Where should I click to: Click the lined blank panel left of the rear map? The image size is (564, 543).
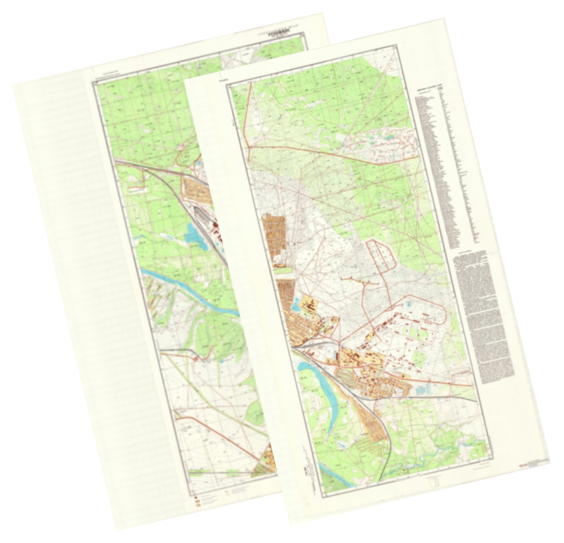[x=90, y=273]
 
